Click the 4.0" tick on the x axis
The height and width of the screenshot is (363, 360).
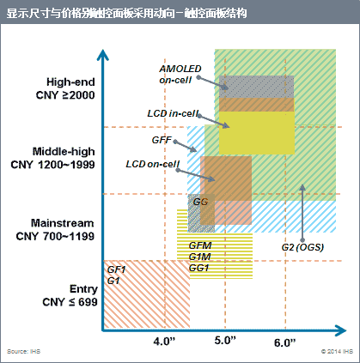(x=164, y=342)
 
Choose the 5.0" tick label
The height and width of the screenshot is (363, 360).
(x=225, y=342)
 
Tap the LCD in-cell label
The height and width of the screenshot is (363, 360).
(x=173, y=112)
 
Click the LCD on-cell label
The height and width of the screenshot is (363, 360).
(x=152, y=164)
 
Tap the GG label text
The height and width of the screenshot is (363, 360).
(x=201, y=202)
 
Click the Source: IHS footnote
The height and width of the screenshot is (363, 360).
(x=23, y=352)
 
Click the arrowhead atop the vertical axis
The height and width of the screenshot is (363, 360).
(x=103, y=54)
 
